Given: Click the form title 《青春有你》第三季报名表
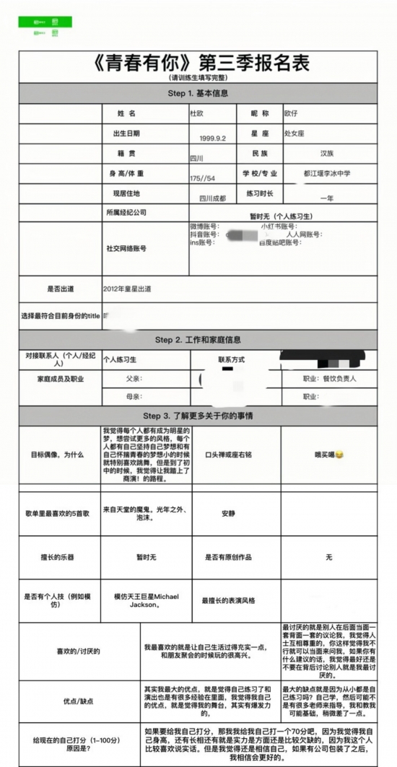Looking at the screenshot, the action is point(201,63).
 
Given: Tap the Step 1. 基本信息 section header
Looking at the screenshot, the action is point(198,94).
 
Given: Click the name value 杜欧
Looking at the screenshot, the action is point(197,114).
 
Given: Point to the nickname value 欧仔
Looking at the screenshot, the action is point(290,113).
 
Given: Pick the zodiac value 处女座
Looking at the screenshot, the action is point(293,133).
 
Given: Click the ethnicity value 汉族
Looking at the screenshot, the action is point(327,154).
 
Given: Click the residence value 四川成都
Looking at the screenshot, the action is point(212,198).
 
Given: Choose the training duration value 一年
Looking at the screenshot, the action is point(327,198).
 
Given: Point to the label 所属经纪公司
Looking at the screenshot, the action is point(126,213).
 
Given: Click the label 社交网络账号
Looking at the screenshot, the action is point(126,248).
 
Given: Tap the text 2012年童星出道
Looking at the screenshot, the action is point(127,289).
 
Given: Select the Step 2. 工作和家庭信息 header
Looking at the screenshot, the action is point(198,340).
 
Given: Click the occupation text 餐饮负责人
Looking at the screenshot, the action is point(339,378).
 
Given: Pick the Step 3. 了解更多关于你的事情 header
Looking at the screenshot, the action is point(198,416).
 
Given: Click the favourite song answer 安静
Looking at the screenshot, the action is point(228,513).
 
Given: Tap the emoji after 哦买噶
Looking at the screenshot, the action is point(339,455).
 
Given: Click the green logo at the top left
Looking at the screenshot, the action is point(45,22).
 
